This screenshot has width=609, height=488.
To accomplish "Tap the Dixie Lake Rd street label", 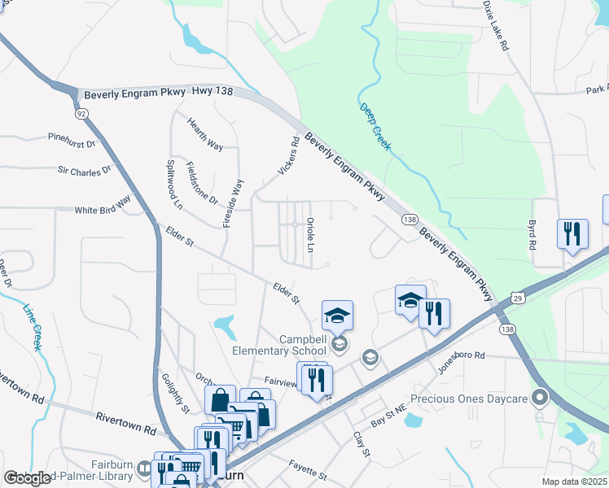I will [495, 26].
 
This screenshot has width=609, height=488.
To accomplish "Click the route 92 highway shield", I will [81, 115].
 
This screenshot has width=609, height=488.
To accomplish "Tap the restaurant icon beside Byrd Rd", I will [572, 234].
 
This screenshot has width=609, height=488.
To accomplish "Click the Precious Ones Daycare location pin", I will [538, 398].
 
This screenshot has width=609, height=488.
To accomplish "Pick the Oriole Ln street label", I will [310, 234].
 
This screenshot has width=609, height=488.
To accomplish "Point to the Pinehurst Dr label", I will [72, 139].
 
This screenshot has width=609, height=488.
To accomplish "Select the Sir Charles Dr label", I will [84, 171].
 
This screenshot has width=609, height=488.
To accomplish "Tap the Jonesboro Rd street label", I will [462, 355].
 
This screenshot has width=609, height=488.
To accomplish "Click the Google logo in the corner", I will [27, 478].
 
